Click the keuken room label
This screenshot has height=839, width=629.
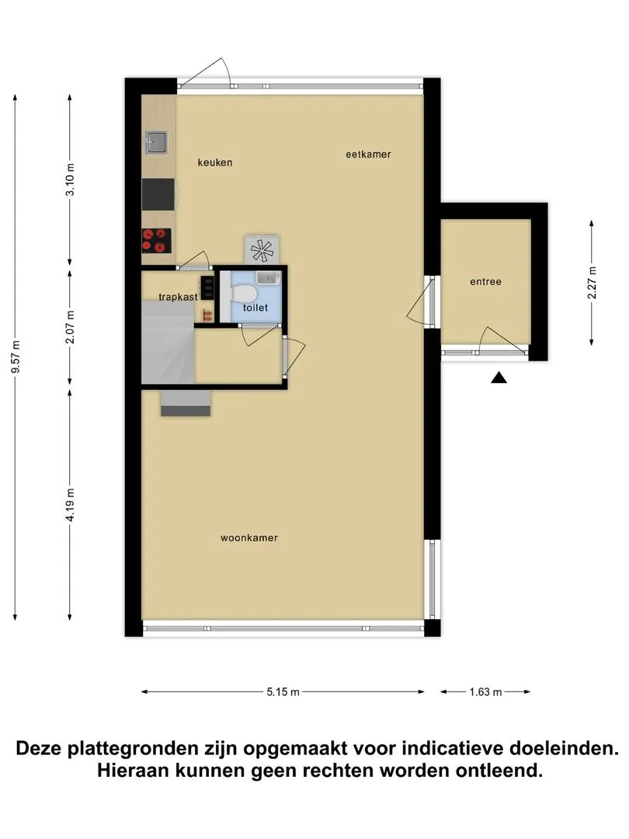(215, 162)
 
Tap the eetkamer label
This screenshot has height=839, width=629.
(369, 155)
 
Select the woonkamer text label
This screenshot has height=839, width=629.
(249, 538)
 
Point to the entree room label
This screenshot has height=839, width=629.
(485, 282)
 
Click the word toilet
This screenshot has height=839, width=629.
(255, 308)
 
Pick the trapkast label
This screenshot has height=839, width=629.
(178, 297)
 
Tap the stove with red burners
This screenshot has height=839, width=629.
(156, 240)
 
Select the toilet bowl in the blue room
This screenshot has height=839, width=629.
(243, 294)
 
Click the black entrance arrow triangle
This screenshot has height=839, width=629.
(499, 378)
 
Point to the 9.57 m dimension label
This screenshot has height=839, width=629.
(16, 357)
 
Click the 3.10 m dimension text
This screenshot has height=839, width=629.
(70, 179)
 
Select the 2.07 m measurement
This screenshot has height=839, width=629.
(70, 327)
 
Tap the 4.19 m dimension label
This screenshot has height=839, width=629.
(70, 505)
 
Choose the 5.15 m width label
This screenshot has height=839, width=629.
(283, 692)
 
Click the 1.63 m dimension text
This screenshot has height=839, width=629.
(485, 692)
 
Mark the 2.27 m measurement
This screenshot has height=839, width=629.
(592, 282)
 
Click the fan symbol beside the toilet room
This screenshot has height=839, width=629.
(262, 250)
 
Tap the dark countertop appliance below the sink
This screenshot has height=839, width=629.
(158, 194)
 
